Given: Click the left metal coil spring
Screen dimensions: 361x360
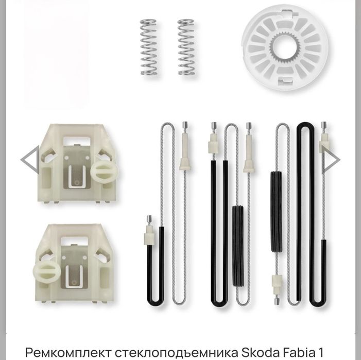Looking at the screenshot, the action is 148,47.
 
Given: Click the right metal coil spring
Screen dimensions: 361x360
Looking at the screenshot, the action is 186,47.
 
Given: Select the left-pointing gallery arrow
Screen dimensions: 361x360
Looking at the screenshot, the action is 30,160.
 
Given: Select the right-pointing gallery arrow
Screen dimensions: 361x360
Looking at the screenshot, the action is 331,160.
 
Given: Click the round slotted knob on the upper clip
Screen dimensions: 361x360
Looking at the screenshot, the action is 105,172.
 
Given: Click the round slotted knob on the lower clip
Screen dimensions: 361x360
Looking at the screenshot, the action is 47,273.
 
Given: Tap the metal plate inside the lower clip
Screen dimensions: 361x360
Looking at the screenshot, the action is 74,267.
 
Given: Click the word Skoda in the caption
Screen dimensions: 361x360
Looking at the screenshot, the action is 257,352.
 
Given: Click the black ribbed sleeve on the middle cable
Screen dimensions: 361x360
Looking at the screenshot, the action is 238,246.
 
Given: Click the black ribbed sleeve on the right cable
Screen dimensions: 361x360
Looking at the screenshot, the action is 276,211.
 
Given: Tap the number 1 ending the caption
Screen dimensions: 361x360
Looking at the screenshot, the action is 320,352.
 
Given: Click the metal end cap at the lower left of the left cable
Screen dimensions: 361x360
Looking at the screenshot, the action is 149,219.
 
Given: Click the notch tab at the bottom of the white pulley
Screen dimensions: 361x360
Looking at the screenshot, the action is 285,80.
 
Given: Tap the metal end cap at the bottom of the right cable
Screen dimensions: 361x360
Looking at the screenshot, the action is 277,301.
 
